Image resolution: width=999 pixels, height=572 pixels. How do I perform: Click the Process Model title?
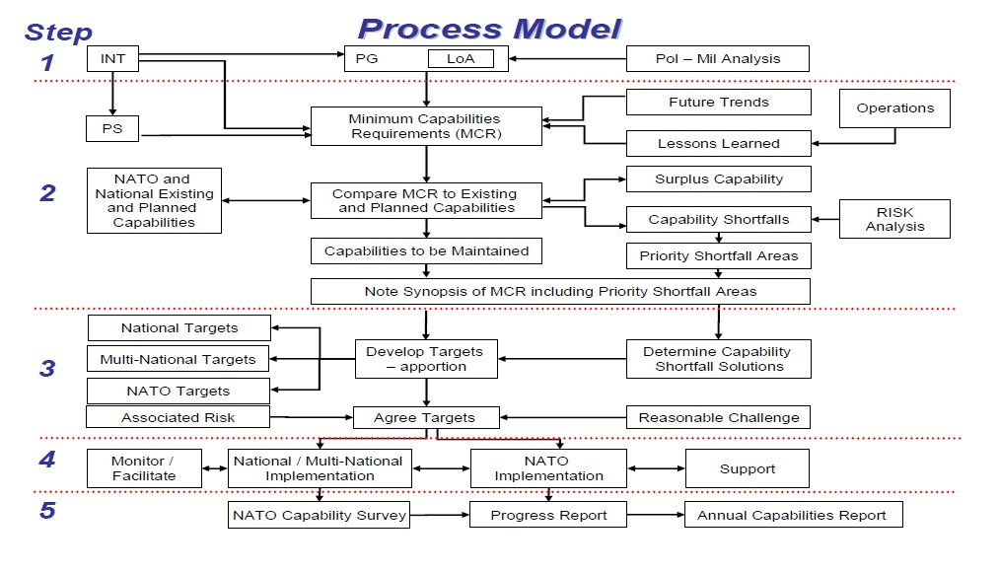point(489,29)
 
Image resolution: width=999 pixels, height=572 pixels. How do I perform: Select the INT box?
point(112,58)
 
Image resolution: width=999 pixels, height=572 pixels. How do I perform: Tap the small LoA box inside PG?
point(461,58)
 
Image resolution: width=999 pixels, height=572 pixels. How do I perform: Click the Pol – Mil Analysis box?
point(717,58)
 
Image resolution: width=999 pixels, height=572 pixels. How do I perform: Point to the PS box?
point(112,128)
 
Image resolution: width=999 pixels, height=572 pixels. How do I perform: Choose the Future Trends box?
point(719,102)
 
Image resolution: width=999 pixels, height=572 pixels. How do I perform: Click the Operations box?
point(894,108)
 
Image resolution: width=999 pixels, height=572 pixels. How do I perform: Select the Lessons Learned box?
point(719,143)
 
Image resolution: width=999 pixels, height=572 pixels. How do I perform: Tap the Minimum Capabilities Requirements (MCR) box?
point(426,126)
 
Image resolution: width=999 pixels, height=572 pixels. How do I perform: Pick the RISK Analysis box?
point(894,219)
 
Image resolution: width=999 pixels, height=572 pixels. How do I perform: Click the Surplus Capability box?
point(719,179)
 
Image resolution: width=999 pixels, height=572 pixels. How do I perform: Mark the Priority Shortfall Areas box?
point(719,256)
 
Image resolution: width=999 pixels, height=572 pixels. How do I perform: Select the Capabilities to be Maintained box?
point(426,250)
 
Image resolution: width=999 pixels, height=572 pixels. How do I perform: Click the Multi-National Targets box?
point(178,359)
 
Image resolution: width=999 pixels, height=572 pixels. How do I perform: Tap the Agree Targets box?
point(426,417)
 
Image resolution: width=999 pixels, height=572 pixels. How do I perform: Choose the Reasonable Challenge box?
point(719,417)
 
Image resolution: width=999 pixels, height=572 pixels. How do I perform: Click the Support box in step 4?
point(748,468)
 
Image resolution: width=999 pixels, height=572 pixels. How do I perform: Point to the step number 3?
point(47,368)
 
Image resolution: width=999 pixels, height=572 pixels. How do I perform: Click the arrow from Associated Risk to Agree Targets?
point(311,417)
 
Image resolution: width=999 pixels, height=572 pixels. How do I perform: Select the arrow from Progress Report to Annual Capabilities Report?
point(656,515)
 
